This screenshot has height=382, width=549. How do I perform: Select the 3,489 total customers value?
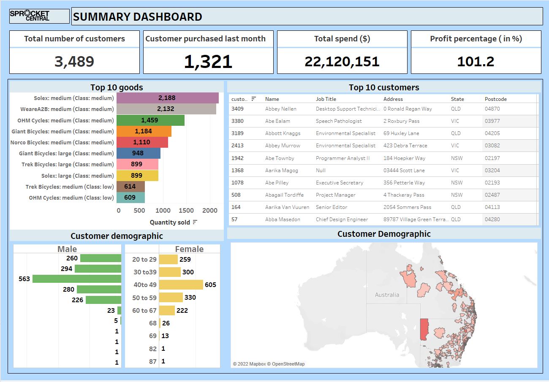(74, 62)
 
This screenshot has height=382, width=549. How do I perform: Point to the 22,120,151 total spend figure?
(342, 62)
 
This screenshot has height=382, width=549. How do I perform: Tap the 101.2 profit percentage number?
(476, 62)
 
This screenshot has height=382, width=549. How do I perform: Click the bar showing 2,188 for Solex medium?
(167, 98)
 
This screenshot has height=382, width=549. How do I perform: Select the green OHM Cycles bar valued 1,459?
(150, 120)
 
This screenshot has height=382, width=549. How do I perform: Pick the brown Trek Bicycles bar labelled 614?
(130, 187)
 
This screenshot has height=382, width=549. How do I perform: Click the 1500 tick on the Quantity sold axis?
(186, 211)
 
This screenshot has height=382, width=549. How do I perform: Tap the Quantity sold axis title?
(170, 222)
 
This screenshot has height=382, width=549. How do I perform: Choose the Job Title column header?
(326, 99)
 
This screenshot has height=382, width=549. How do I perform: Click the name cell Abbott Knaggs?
(283, 133)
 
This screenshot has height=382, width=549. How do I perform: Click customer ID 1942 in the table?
(237, 158)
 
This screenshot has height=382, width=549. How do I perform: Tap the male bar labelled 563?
(77, 279)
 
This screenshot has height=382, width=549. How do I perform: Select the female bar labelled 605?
(181, 284)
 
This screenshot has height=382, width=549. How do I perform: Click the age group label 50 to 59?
(144, 298)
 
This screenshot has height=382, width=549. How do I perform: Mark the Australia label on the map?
(387, 295)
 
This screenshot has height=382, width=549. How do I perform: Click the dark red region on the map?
(424, 329)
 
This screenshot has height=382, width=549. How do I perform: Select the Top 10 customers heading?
(384, 87)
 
